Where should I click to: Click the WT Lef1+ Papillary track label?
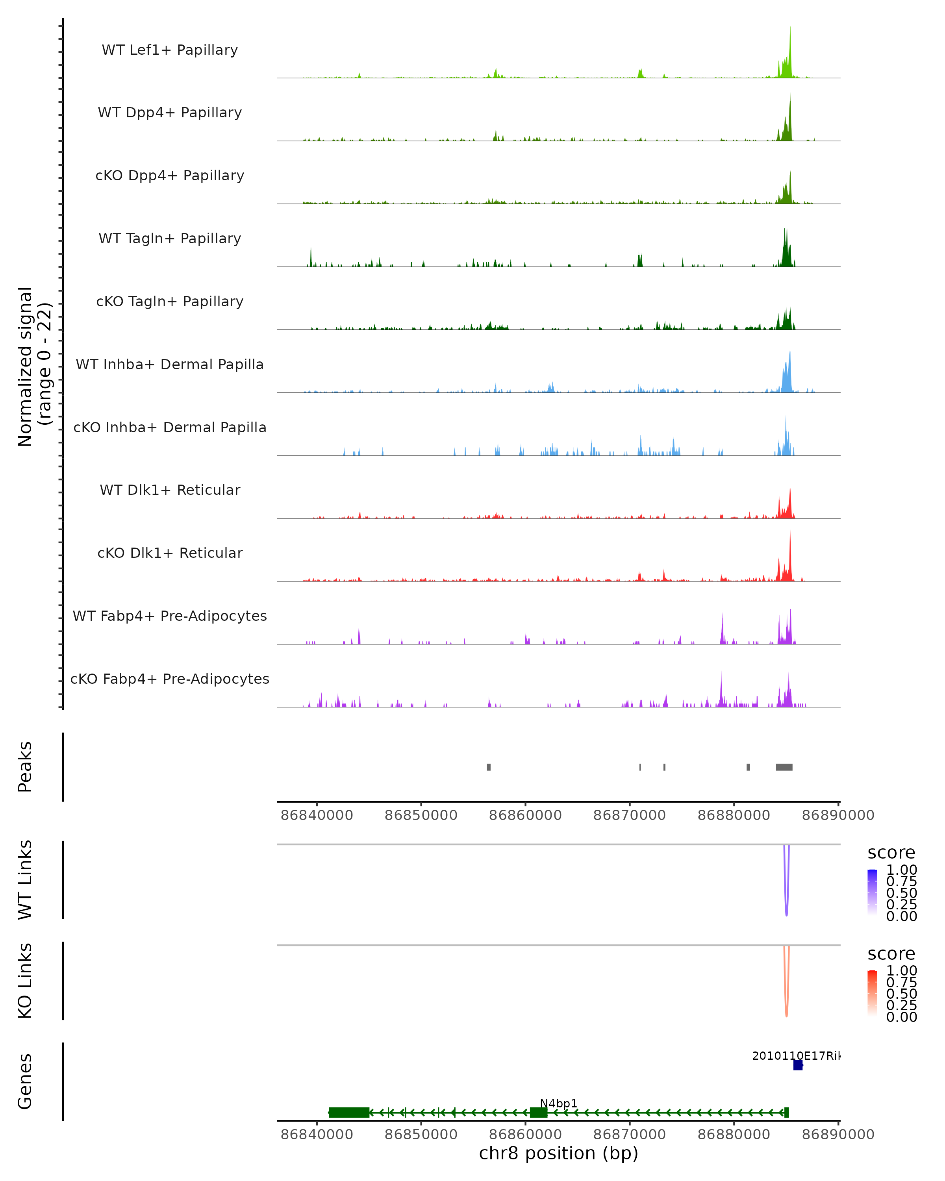pos(170,50)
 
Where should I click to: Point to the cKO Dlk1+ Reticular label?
pos(170,553)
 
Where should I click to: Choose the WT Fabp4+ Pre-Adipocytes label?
pos(170,616)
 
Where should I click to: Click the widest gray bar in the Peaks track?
pos(784,767)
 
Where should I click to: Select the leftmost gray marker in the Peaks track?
pos(489,767)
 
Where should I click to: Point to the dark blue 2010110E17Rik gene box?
pos(798,1065)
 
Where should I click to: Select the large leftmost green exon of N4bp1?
pos(348,1113)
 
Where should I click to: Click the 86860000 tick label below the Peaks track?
pos(525,815)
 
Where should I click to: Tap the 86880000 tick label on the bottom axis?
pos(734,1135)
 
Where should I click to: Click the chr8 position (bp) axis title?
pos(558,1153)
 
